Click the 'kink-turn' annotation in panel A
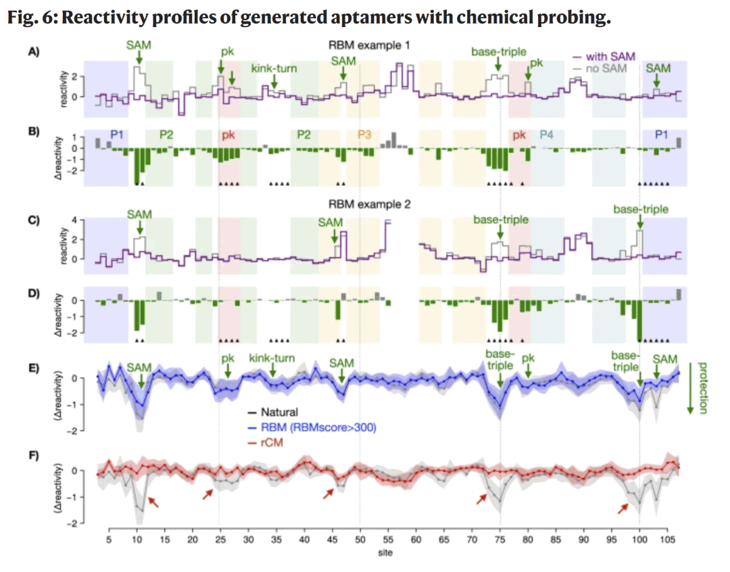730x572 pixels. coord(274,68)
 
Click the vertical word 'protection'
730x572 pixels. coord(702,388)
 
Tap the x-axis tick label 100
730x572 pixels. coord(639,540)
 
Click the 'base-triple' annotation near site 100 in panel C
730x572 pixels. coord(640,210)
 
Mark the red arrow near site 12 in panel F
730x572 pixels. coord(154,501)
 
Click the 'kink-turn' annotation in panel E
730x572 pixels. coord(272,358)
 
